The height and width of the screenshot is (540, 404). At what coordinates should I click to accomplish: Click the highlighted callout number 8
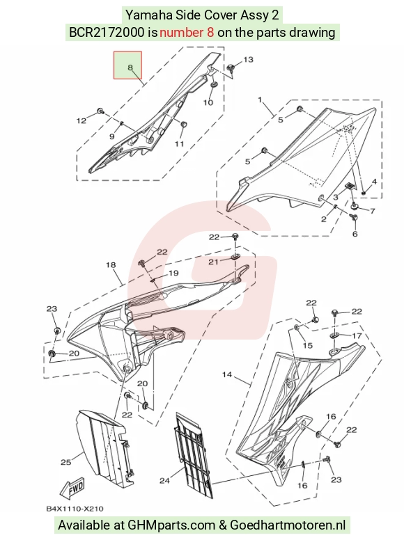tap(130, 67)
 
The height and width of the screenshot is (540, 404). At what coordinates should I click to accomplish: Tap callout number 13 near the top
tap(248, 60)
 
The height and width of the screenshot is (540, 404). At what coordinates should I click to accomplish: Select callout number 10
tap(208, 102)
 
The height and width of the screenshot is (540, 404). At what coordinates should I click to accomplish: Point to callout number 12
tap(81, 120)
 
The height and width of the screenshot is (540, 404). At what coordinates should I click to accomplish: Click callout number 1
tap(260, 100)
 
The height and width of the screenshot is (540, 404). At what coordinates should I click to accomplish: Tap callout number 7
tap(372, 210)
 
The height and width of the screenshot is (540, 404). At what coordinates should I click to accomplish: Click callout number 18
tap(111, 265)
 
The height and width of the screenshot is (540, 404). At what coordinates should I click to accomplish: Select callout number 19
tap(173, 273)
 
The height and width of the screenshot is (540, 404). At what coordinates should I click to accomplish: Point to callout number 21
tap(213, 262)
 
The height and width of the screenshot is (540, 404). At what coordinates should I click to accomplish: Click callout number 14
tap(227, 374)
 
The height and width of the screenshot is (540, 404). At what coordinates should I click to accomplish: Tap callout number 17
tap(357, 335)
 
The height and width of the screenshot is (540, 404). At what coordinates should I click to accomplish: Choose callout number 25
tap(66, 462)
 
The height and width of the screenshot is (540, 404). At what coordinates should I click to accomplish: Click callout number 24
tap(164, 480)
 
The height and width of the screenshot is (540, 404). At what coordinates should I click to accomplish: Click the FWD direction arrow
tap(72, 489)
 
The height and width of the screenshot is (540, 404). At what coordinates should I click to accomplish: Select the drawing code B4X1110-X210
tap(75, 509)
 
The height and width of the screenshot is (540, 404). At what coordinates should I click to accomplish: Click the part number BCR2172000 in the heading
tap(107, 33)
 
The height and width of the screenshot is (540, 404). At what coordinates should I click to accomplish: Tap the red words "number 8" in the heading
tap(187, 33)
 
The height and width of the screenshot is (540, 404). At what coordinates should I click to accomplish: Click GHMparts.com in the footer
tap(171, 525)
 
